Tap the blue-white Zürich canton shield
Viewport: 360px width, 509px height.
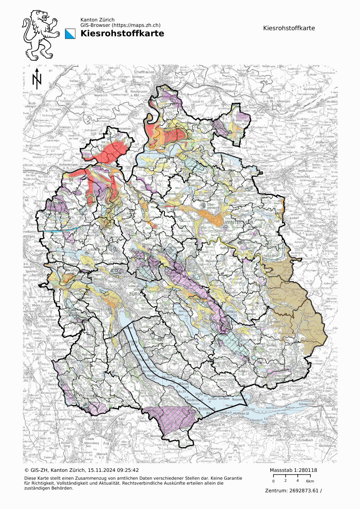coord(70,34)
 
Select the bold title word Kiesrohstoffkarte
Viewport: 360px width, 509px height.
coord(122,33)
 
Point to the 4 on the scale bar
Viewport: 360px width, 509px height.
coord(297,481)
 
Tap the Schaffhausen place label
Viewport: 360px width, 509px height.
coord(144,72)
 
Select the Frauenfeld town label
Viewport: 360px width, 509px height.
coord(292,177)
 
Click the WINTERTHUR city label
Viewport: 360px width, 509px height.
coord(239,222)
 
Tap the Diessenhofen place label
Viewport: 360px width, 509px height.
coord(228,91)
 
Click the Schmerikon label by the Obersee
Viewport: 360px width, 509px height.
coord(306,404)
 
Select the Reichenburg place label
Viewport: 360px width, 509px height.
coord(327,446)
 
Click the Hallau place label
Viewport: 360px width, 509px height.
coord(74,81)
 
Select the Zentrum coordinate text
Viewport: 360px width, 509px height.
coord(293,491)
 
